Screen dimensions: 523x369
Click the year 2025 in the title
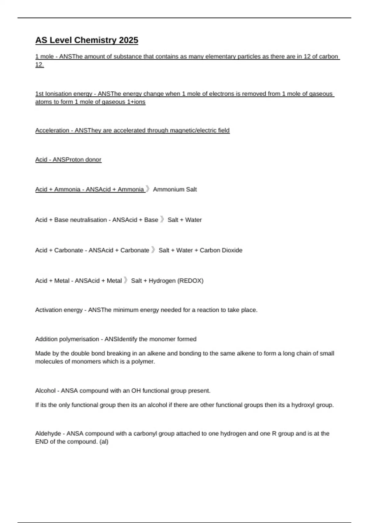pyautogui.click(x=129, y=40)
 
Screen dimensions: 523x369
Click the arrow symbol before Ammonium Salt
pyautogui.click(x=148, y=189)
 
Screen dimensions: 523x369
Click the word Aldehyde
pyautogui.click(x=48, y=434)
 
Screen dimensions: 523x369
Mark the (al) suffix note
pyautogui.click(x=104, y=442)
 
